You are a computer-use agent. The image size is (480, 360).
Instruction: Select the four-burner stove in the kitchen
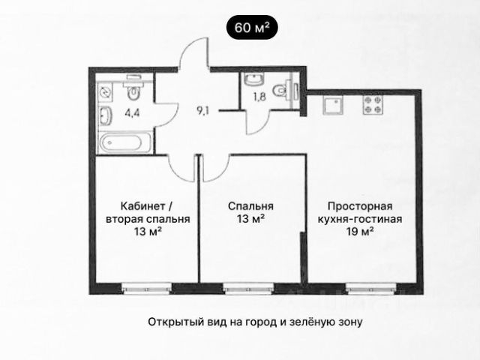pos(370,106)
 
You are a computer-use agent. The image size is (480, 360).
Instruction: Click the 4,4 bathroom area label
pos(132,115)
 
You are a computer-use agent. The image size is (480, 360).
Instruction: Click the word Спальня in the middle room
pos(251,206)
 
